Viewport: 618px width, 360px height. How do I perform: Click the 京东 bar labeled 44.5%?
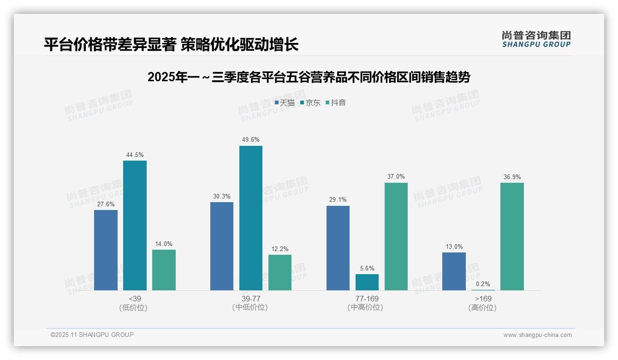click(x=135, y=225)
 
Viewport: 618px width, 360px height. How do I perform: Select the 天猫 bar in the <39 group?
click(x=106, y=250)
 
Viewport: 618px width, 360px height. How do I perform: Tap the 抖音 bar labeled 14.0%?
click(x=164, y=270)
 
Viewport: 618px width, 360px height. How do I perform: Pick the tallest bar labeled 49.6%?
click(x=250, y=218)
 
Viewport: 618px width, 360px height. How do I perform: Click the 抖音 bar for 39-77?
click(x=280, y=272)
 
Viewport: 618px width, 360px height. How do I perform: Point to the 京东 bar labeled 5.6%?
click(x=367, y=282)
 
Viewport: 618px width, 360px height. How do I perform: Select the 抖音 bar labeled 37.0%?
click(x=396, y=236)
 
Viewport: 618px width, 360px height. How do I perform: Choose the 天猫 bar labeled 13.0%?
click(x=454, y=271)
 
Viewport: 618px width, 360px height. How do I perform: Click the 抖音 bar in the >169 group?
click(x=512, y=236)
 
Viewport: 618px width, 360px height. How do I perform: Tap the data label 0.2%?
click(x=483, y=284)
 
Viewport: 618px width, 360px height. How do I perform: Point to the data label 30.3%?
click(x=222, y=196)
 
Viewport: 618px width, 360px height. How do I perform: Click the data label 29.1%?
click(x=338, y=200)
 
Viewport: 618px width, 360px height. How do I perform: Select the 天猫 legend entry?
click(x=285, y=103)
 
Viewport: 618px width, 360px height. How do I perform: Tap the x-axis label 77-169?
click(x=367, y=299)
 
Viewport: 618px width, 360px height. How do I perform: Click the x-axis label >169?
click(x=483, y=299)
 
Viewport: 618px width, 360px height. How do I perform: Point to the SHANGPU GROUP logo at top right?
click(x=536, y=39)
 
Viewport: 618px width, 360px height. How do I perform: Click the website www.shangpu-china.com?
click(x=537, y=335)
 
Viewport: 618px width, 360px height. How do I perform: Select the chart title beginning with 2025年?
click(x=309, y=77)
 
